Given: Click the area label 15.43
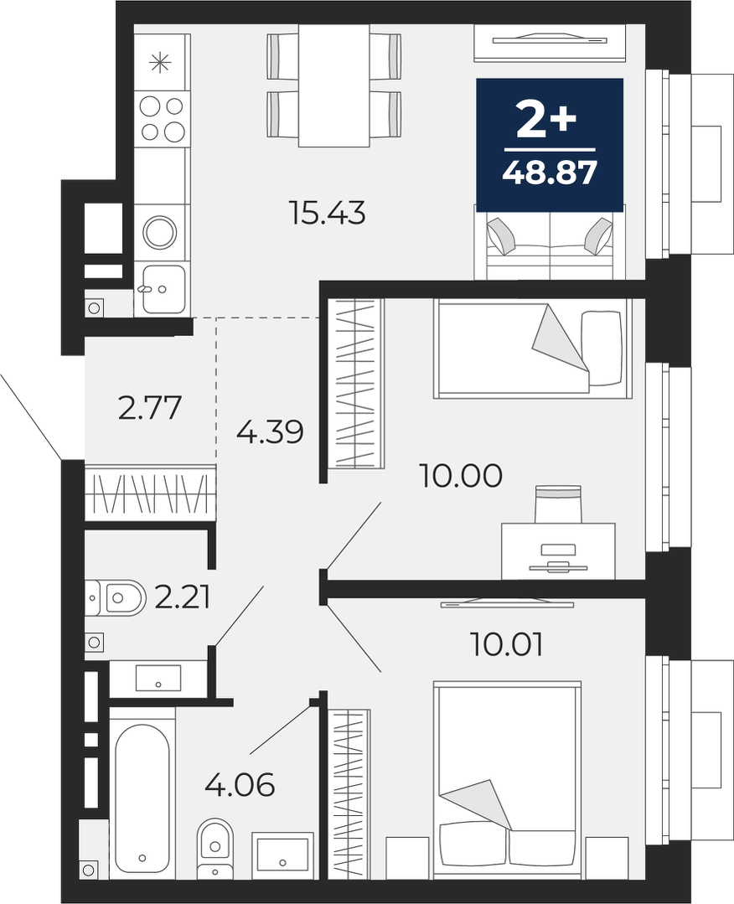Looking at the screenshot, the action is (328, 214).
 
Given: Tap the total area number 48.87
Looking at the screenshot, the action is (549, 173).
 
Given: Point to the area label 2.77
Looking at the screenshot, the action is (150, 408).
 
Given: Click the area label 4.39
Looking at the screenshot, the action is (270, 431).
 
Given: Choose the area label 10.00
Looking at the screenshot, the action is (462, 476).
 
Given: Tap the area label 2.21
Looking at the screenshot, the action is (182, 597).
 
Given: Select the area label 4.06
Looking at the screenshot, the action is (240, 785).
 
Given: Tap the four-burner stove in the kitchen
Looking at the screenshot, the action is (163, 117).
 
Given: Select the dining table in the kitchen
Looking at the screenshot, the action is (333, 86).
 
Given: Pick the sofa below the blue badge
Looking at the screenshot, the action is (548, 244).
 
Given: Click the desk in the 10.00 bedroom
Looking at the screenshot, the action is (558, 550).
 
